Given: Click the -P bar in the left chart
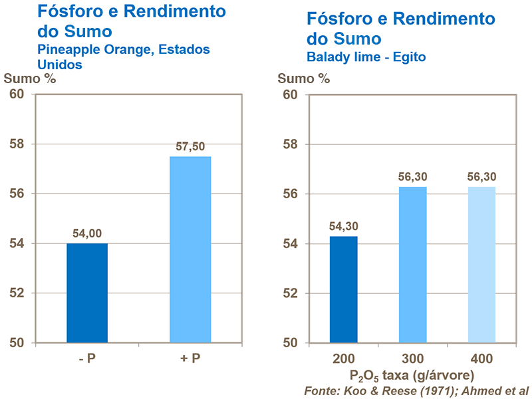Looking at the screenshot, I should coord(87,293).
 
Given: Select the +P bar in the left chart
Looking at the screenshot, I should coord(190,249).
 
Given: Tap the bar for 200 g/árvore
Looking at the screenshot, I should coord(344,289).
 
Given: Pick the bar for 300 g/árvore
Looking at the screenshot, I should coord(412,265).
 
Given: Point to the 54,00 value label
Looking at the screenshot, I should coord(87,233).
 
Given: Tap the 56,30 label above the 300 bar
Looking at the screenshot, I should coord(412,178).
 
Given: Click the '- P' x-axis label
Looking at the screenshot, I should coord(87,359).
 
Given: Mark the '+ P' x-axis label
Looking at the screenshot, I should coord(190,359).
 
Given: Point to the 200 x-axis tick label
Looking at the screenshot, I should coord(344,359).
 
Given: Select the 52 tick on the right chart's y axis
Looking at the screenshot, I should coord(291,293).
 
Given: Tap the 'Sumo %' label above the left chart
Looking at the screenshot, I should coord(30,78).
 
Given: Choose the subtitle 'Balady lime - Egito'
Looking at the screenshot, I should coord(366,57).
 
